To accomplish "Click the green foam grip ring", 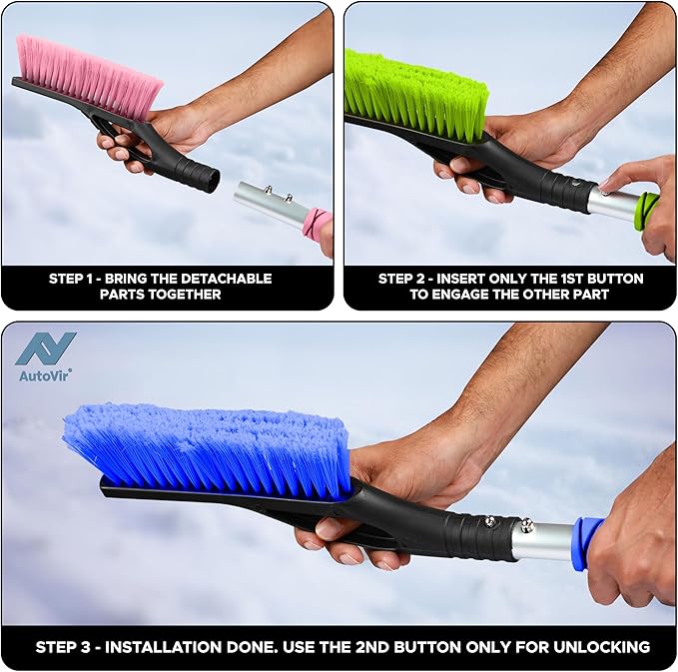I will (647, 210).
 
